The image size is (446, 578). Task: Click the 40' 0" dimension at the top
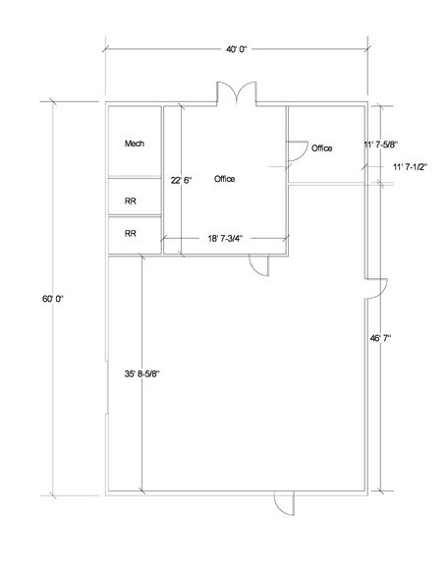coord(236,49)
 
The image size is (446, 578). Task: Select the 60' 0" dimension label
coord(53,299)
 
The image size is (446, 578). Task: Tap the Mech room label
coord(135,144)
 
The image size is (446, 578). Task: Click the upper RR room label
coord(131,202)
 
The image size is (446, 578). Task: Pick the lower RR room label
coord(131,233)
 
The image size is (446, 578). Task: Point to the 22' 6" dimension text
coord(181,181)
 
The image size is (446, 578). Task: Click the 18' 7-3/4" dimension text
coord(225,239)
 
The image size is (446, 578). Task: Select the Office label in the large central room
coord(225,179)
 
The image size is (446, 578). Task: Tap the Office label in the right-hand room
coord(322,148)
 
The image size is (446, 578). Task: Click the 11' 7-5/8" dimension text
coord(381,144)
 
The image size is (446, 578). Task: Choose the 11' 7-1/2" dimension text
coord(410,167)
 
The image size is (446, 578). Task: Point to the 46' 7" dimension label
coord(380,338)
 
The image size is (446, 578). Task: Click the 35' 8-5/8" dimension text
coord(141,374)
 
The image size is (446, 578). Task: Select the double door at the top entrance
coord(236,93)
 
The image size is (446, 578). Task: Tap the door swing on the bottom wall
coord(284,503)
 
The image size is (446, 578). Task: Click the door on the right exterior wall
coord(376,289)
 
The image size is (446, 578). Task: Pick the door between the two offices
coord(298,151)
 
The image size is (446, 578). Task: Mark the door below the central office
coord(259,265)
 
